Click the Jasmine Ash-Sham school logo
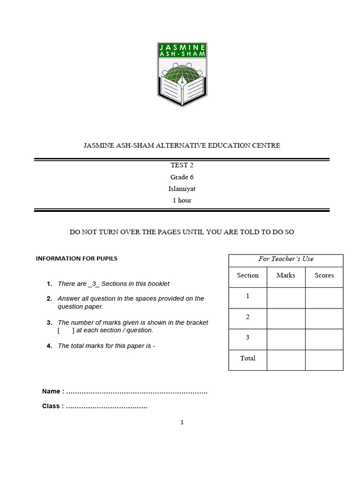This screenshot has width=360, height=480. [182, 74]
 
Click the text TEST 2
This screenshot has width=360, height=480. [182, 165]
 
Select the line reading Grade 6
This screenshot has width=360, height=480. [182, 177]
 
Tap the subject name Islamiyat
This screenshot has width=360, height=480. [182, 189]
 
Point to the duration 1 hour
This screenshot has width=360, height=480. [182, 200]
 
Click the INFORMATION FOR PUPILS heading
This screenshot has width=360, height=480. [76, 258]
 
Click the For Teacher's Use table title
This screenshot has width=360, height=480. [285, 259]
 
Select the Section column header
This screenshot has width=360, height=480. [247, 275]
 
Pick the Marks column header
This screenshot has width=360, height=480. [285, 275]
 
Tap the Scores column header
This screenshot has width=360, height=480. [324, 275]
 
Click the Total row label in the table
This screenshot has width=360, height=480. [247, 358]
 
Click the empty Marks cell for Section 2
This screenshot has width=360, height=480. [285, 318]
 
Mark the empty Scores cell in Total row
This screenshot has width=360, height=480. [324, 360]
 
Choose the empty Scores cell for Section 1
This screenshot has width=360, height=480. [324, 298]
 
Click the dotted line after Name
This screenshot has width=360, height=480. [137, 392]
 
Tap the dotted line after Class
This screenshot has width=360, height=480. [106, 406]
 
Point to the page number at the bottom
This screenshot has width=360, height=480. [182, 422]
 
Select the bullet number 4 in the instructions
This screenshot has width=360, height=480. [49, 346]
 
